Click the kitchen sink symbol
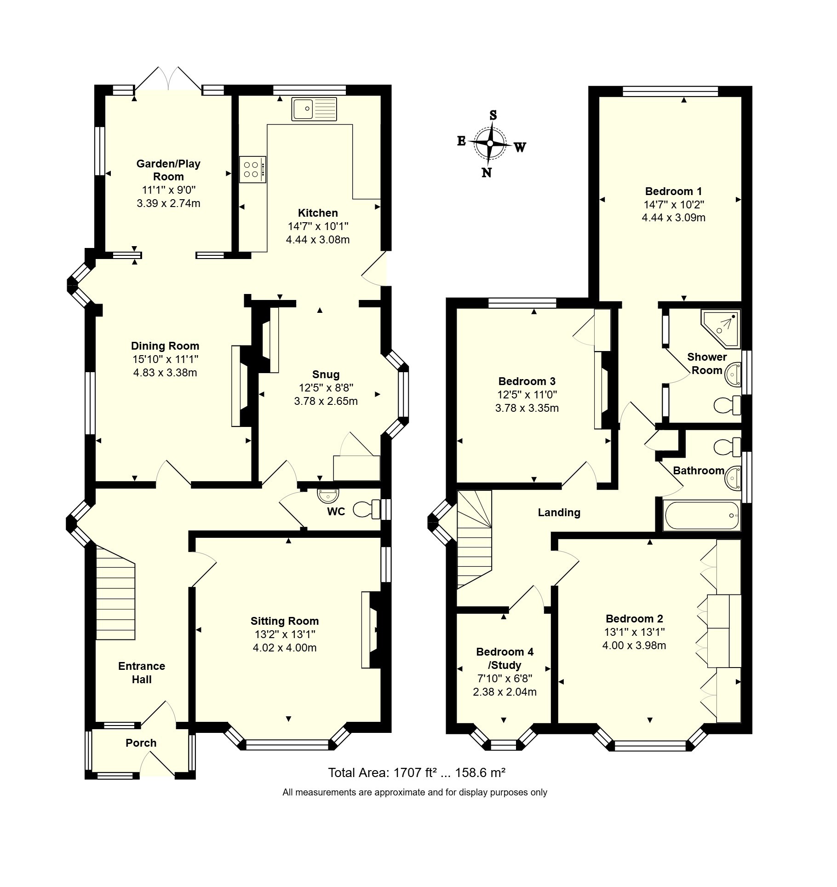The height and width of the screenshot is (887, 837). click(314, 109)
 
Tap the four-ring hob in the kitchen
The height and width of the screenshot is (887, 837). click(252, 169)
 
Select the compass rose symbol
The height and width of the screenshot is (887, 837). click(490, 144)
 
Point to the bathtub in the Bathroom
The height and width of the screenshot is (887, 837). click(701, 515)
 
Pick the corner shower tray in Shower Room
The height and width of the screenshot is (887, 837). click(721, 328)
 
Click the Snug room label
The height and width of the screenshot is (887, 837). click(326, 374)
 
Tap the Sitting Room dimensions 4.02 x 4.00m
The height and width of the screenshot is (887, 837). click(285, 648)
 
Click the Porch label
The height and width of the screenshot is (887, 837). click(141, 743)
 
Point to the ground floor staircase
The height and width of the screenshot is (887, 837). click(115, 593)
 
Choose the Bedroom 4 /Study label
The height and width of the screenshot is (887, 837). click(505, 658)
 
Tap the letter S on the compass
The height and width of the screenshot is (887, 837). click(493, 115)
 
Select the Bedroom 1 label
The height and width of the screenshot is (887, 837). click(674, 191)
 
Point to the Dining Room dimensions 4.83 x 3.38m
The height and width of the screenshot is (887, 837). click(165, 373)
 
